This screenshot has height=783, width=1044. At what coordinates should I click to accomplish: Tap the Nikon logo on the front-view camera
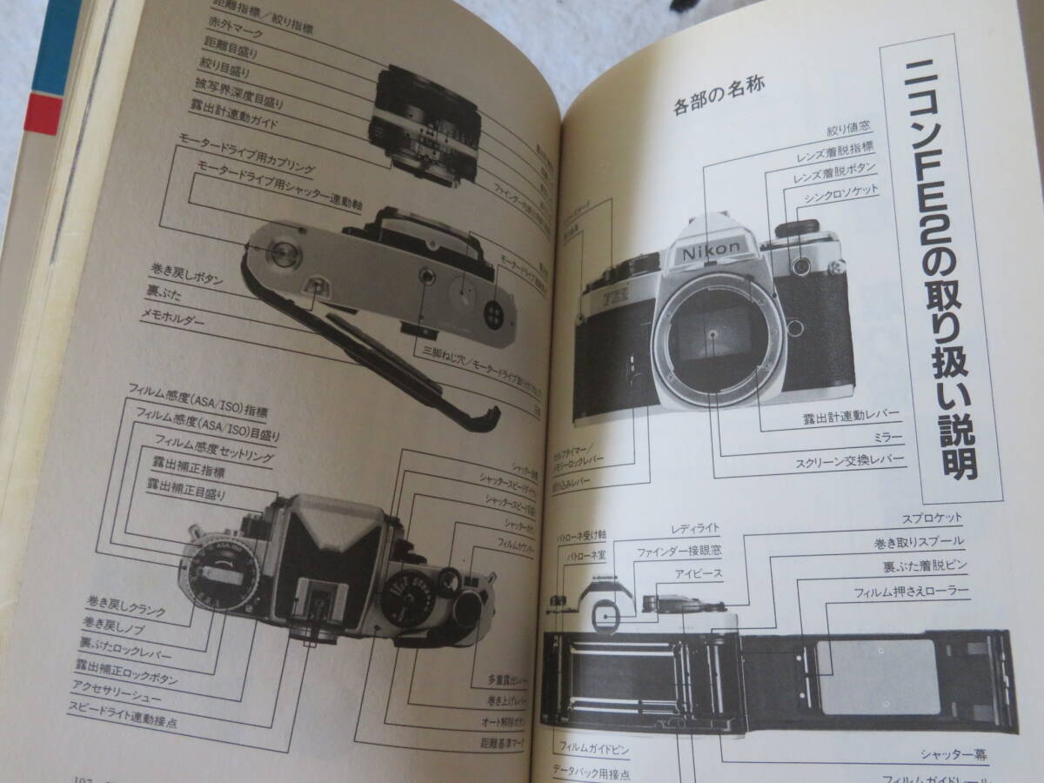coord(710,251)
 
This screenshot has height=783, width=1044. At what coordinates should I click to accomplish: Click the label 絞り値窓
coord(849,131)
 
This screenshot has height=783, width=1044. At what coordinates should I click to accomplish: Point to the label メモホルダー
coord(173,319)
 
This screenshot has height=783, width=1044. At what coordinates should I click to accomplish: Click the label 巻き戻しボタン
coord(186,278)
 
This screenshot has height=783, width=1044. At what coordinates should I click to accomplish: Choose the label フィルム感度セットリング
coord(213,455)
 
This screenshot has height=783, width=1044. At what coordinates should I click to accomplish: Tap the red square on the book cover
coord(43,115)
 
